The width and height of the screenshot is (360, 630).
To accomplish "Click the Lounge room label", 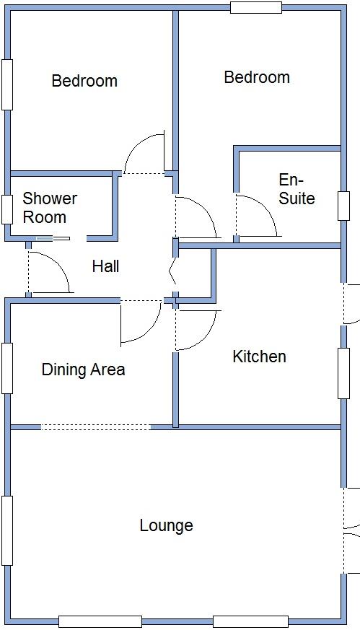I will click(166, 525).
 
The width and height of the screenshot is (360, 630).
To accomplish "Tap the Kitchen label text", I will click(259, 356).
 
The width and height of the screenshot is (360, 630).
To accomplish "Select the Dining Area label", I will click(83, 369).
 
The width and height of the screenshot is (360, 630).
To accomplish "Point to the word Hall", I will click(105, 266).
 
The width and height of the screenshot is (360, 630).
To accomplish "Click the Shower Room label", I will click(50, 208).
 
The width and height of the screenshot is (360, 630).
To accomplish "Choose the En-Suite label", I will click(297, 189).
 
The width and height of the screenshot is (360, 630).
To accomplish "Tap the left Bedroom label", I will click(84, 81).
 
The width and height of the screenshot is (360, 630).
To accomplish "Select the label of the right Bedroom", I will click(257, 77).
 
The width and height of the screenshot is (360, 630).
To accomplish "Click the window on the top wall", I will click(255, 8).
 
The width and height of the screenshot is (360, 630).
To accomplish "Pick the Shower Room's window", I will click(6, 209).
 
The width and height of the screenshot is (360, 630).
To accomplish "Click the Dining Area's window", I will click(6, 368).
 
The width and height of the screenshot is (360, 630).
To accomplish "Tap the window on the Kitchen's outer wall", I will click(343, 373).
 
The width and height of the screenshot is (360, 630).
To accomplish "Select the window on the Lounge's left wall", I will click(6, 530).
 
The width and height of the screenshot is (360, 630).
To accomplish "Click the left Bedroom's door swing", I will click(144, 154).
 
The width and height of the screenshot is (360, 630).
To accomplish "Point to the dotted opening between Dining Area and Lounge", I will click(95, 427).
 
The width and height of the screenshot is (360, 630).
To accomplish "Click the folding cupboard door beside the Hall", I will click(172, 274).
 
